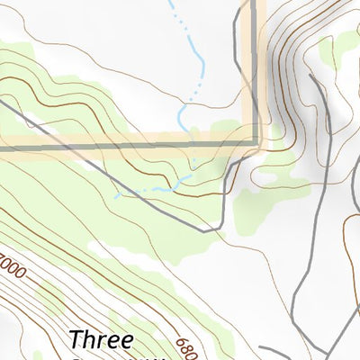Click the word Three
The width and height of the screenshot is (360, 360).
coord(102,340)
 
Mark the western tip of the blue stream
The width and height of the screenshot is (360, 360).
coord(117,194)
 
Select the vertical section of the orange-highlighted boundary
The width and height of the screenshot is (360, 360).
coord(256,72)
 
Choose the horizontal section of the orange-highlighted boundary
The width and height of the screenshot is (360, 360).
coord(126,144)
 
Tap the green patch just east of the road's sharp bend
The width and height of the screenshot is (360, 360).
coord(261,202)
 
